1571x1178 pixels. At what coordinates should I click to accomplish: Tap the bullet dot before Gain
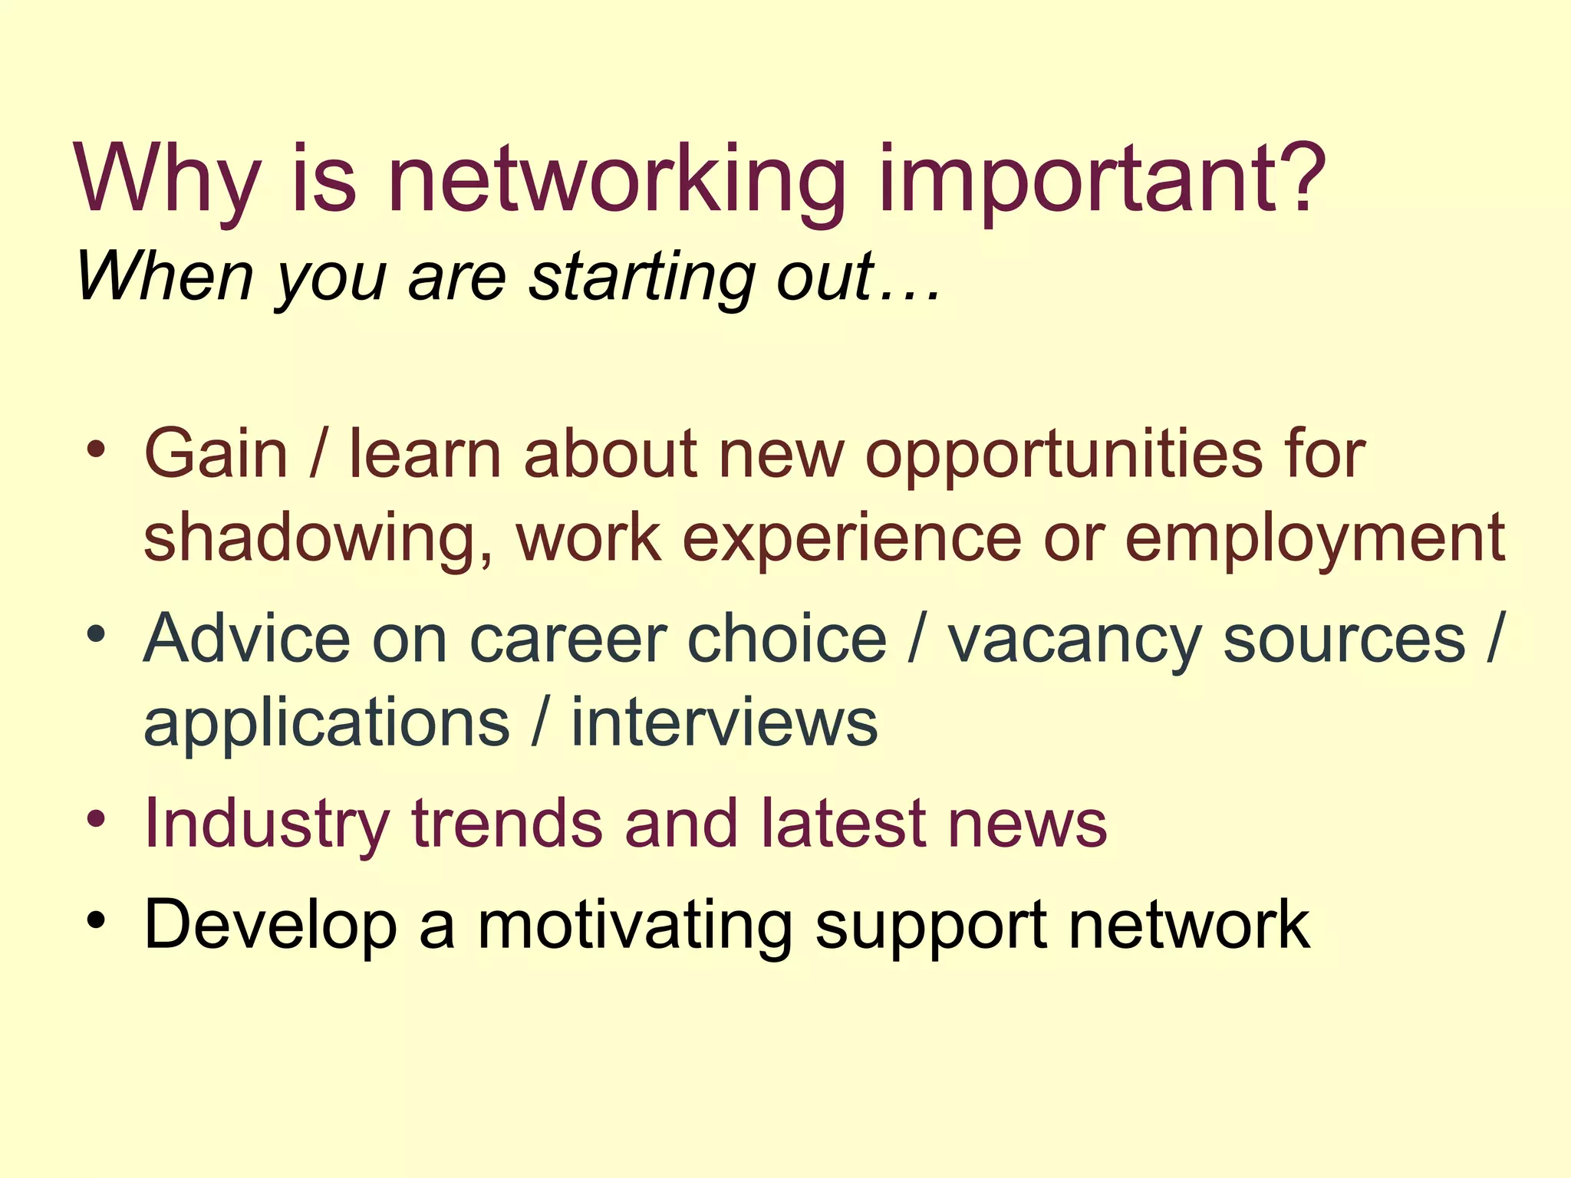coord(96,450)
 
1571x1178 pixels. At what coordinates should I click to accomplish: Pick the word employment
coord(1314,539)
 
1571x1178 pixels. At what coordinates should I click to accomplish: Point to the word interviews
coord(724,722)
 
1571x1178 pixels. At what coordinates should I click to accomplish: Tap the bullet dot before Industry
coord(96,818)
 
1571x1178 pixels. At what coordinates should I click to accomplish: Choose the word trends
coord(507,823)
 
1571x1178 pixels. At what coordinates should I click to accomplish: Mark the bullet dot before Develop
coord(96,919)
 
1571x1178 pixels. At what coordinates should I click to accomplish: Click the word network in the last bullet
coord(1189,924)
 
